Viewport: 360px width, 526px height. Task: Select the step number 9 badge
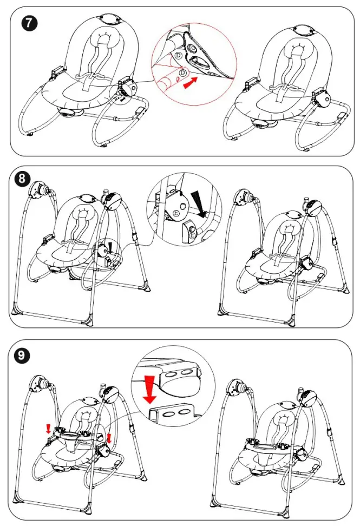pos(22,355)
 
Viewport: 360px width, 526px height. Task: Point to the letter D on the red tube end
pos(182,73)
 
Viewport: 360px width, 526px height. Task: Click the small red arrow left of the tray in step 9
pos(49,429)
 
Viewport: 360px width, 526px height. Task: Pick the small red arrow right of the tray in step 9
pos(109,437)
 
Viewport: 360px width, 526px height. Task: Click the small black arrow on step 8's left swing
pos(111,247)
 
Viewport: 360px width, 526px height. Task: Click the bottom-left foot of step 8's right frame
pos(222,313)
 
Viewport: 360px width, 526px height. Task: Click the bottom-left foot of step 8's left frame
pos(16,312)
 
